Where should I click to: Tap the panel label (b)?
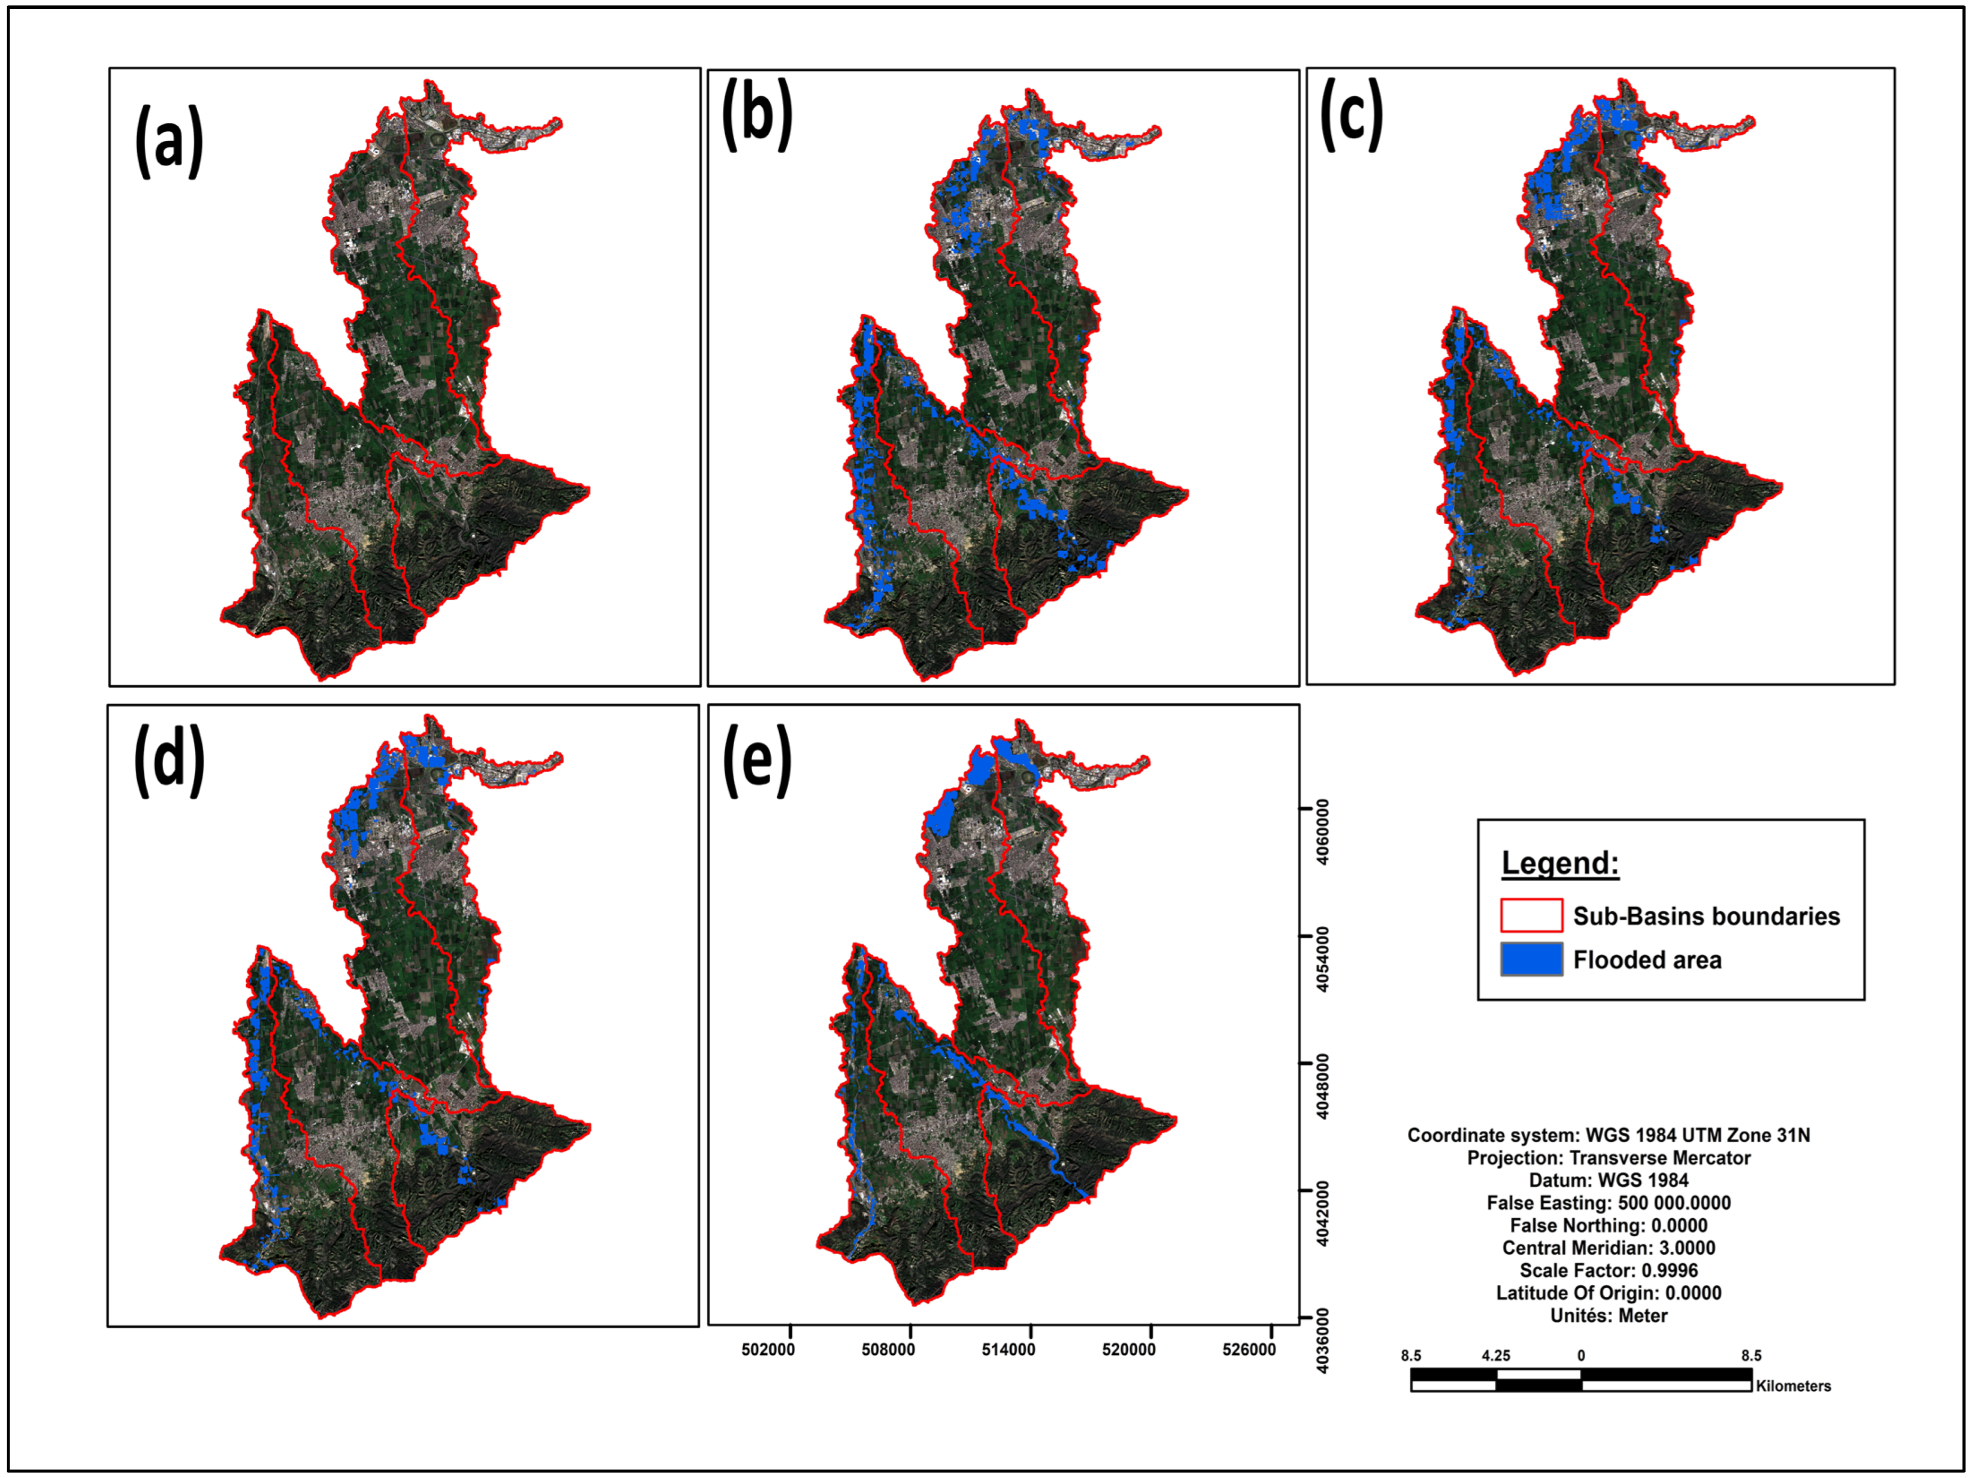pyautogui.click(x=757, y=114)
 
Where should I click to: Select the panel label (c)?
pyautogui.click(x=1351, y=114)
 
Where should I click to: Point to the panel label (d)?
pyautogui.click(x=170, y=760)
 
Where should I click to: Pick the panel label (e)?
pyautogui.click(x=757, y=760)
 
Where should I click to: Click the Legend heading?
pyautogui.click(x=1560, y=863)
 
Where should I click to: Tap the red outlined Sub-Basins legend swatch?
pyautogui.click(x=1532, y=916)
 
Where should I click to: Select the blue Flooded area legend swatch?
pyautogui.click(x=1532, y=959)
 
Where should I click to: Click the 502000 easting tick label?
pyautogui.click(x=768, y=1349)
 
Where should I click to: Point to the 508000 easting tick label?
pyautogui.click(x=888, y=1349)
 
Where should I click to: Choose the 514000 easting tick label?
pyautogui.click(x=1008, y=1349)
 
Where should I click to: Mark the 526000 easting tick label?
pyautogui.click(x=1249, y=1349)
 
